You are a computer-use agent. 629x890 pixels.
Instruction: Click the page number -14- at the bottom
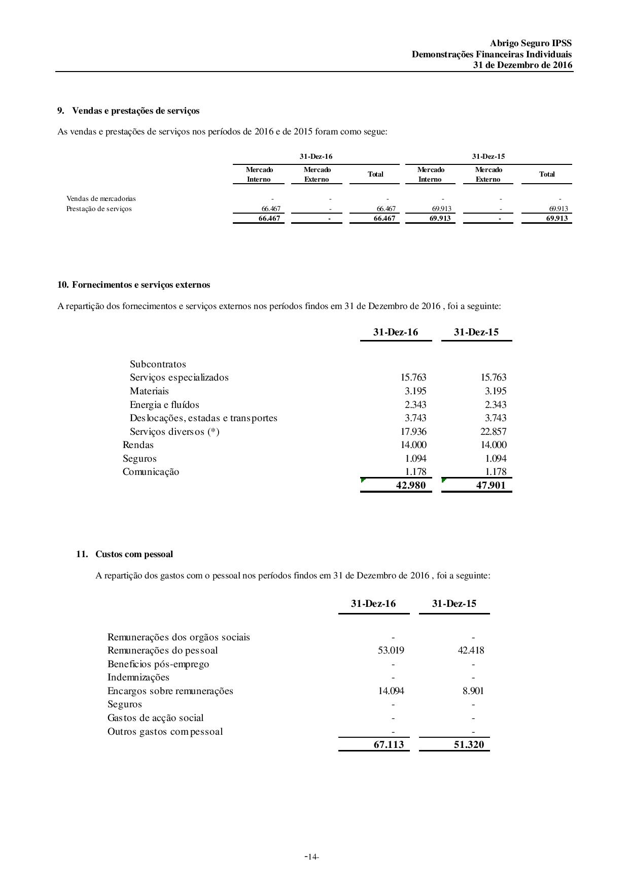[x=311, y=857]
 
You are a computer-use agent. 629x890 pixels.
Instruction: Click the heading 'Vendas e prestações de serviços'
[x=135, y=111]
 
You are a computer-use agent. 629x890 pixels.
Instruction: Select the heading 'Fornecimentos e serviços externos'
[x=141, y=285]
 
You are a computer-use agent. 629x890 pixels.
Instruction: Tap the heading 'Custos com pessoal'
[x=134, y=554]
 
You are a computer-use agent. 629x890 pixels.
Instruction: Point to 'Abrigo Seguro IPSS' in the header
[x=531, y=44]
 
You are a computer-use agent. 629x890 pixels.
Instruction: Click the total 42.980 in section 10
[x=410, y=485]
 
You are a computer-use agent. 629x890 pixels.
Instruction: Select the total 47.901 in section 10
[x=491, y=485]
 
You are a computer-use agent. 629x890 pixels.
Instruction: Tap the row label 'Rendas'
[x=138, y=445]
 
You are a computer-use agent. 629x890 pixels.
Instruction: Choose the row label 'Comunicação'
[x=151, y=472]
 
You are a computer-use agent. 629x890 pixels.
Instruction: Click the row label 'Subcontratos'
[x=158, y=364]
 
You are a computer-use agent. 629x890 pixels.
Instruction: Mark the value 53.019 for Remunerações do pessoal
[x=391, y=651]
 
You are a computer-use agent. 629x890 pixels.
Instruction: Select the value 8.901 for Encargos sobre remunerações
[x=473, y=691]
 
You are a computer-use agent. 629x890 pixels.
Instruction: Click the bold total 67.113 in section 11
[x=389, y=744]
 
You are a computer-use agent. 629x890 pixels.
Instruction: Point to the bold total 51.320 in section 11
[x=469, y=744]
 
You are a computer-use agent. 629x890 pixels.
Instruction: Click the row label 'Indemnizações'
[x=138, y=677]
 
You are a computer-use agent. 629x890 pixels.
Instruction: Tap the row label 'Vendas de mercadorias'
[x=101, y=198]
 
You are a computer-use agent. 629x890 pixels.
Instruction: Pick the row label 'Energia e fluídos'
[x=164, y=405]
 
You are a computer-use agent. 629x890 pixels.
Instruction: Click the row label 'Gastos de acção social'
[x=155, y=718]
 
